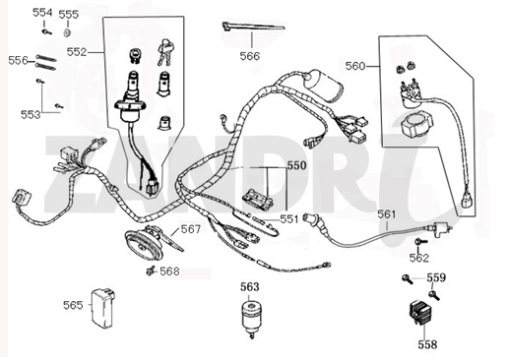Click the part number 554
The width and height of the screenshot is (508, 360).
(x=42, y=13)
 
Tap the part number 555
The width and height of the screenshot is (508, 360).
(x=69, y=15)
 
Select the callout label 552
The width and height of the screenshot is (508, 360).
(x=77, y=50)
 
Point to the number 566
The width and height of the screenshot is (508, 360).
(x=250, y=56)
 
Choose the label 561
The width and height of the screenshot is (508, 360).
(x=387, y=213)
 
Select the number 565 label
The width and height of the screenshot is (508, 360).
(x=73, y=305)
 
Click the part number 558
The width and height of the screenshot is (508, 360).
(x=426, y=345)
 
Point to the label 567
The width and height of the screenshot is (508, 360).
(x=190, y=229)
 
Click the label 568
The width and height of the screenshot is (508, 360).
(x=170, y=270)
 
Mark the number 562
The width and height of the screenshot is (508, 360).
(x=419, y=258)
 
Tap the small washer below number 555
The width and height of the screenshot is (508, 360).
(x=69, y=31)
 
